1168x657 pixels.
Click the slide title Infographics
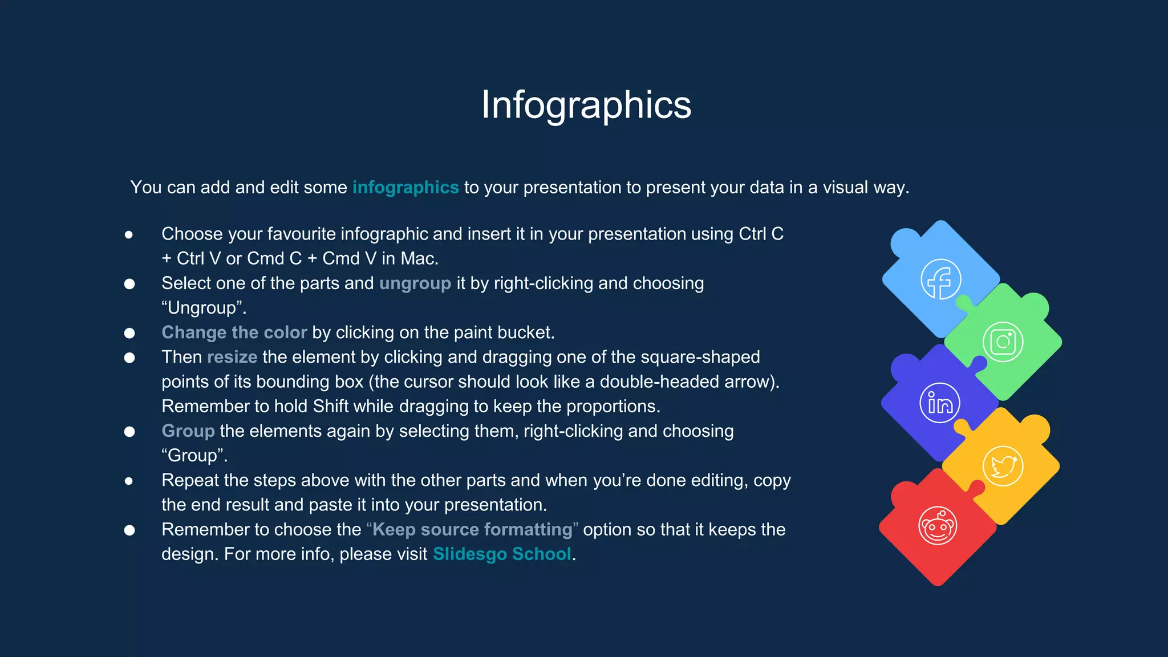586,105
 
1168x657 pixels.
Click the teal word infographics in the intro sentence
405,187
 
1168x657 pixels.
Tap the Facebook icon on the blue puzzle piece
940,279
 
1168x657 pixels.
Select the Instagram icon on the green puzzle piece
1003,342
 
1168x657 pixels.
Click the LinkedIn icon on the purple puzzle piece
940,403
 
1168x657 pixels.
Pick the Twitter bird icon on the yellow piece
1003,466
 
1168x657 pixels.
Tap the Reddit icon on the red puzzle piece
938,526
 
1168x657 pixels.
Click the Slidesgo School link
502,554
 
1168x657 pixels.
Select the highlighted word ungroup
415,283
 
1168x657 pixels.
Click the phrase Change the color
234,332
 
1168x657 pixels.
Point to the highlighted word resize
232,357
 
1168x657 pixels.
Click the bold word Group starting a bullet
188,431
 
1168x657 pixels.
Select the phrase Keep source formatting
472,529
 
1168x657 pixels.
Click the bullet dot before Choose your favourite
129,234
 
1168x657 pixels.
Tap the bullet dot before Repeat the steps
129,481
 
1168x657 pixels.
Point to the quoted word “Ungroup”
204,308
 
